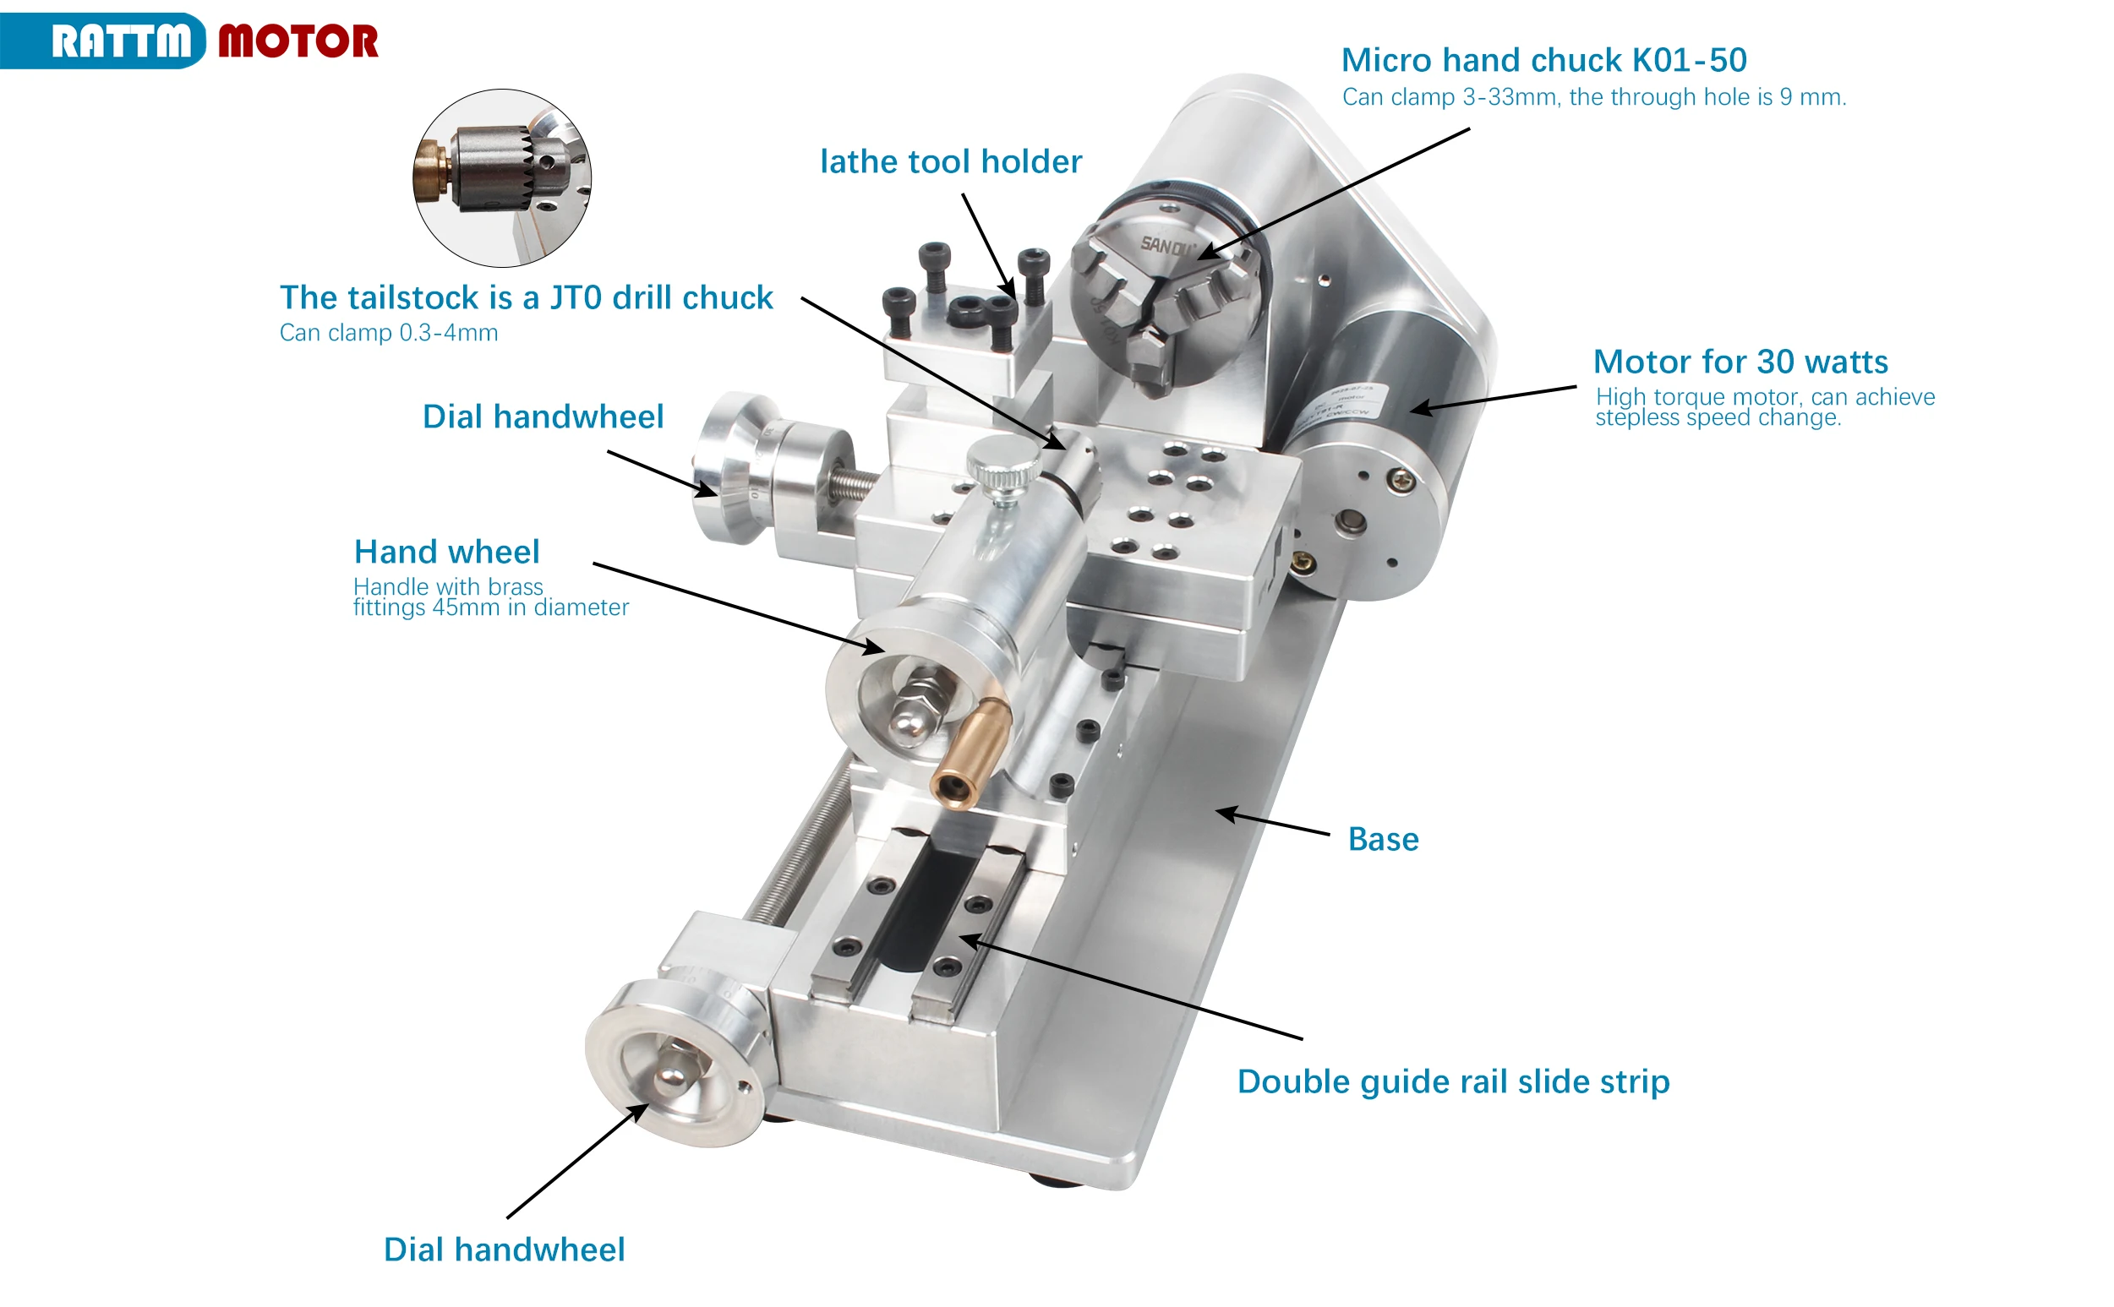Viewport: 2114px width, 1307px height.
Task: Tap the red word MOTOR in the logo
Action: pyautogui.click(x=298, y=41)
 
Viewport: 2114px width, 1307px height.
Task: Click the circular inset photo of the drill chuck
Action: pyautogui.click(x=502, y=178)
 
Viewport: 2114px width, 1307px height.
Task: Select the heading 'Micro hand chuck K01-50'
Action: pyautogui.click(x=1543, y=60)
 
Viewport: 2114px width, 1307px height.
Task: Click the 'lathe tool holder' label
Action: pyautogui.click(x=950, y=161)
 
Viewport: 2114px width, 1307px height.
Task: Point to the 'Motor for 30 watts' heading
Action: pyautogui.click(x=1740, y=362)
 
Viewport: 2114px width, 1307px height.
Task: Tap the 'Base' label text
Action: pyautogui.click(x=1384, y=839)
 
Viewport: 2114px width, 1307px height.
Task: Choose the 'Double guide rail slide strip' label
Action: pyautogui.click(x=1454, y=1082)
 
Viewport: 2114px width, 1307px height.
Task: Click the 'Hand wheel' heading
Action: pyautogui.click(x=447, y=552)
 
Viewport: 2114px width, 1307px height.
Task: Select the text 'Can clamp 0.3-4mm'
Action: pyautogui.click(x=389, y=333)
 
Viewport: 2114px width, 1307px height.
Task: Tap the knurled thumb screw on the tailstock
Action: pyautogui.click(x=1002, y=466)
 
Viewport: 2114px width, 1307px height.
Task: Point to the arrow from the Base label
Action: pyautogui.click(x=1272, y=822)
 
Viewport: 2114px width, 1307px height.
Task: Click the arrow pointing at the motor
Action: pyautogui.click(x=1494, y=400)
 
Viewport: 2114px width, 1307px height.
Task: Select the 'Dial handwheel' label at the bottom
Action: pyautogui.click(x=504, y=1250)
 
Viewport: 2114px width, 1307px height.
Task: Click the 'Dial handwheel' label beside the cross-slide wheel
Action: pyautogui.click(x=543, y=417)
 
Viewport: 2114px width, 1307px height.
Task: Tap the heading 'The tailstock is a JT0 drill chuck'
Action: pyautogui.click(x=527, y=297)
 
